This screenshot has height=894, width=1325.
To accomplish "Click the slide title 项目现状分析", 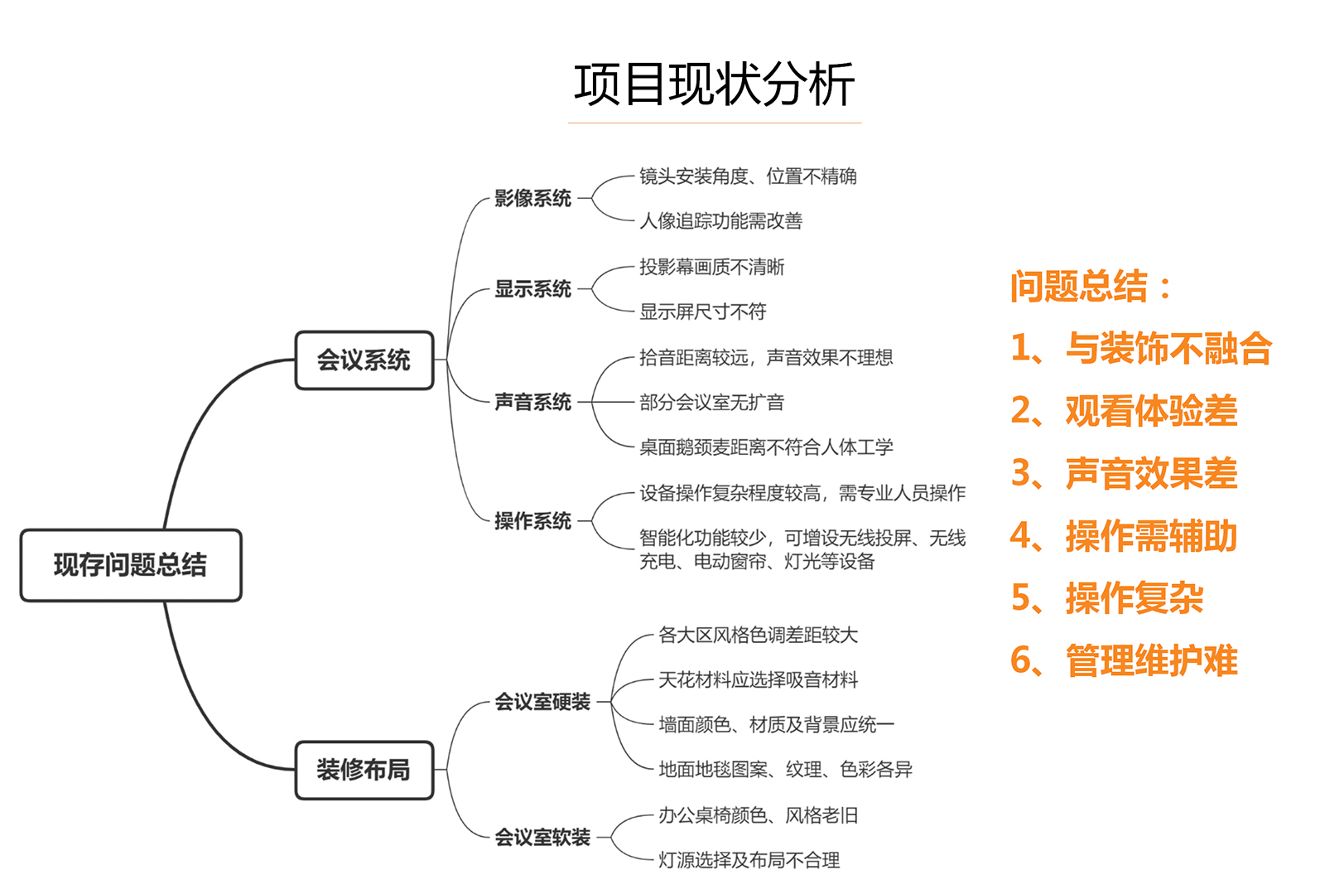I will tap(714, 85).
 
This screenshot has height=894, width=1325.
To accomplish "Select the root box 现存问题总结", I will tap(131, 565).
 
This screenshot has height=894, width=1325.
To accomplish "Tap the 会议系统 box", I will tap(364, 360).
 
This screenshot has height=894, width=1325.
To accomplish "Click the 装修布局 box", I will tap(364, 770).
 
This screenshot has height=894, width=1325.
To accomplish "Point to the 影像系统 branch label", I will tap(532, 198).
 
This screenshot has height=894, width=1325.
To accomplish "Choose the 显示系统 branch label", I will tap(532, 289).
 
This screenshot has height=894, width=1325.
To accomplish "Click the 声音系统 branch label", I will tap(532, 402).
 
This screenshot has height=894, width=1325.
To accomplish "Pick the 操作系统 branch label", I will tap(532, 521).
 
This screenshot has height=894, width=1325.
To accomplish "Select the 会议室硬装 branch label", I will tap(542, 702).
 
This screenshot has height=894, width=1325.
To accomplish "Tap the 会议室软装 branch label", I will tap(542, 837).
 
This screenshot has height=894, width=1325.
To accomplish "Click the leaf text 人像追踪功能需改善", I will tap(720, 220).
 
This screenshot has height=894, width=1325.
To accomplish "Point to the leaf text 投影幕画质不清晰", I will tap(711, 267).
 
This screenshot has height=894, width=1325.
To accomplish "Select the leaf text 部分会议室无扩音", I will tap(711, 403).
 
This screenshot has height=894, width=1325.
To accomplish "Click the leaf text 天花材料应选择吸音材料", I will tap(758, 680).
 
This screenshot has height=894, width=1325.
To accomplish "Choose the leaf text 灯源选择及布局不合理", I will tap(749, 860).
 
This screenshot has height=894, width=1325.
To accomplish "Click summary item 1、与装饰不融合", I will tap(1141, 348).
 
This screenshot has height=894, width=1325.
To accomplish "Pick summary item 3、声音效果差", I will tap(1124, 473).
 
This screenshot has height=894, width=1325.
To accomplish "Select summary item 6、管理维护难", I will tap(1124, 660).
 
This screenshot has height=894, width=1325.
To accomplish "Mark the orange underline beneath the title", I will tap(714, 123).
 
